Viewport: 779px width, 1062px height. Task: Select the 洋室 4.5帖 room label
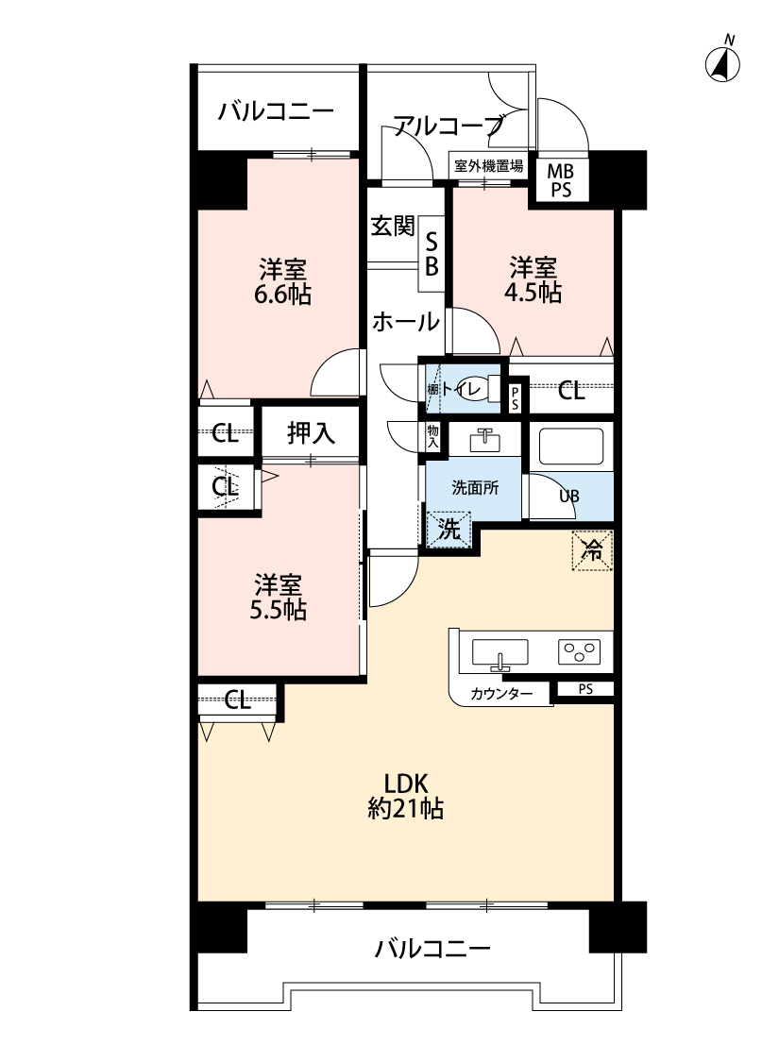click(535, 278)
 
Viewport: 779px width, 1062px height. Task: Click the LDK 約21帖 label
click(406, 795)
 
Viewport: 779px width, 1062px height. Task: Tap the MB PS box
click(561, 178)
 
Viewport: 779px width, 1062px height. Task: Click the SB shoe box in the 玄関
click(431, 253)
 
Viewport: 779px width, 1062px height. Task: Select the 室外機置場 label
click(488, 166)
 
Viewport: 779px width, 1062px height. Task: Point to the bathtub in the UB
click(571, 447)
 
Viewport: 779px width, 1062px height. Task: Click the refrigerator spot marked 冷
click(592, 549)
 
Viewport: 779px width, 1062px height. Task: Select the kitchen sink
click(500, 652)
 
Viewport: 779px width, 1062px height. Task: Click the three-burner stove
click(579, 650)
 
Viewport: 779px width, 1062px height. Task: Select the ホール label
click(405, 321)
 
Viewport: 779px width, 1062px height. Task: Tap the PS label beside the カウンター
click(585, 689)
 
